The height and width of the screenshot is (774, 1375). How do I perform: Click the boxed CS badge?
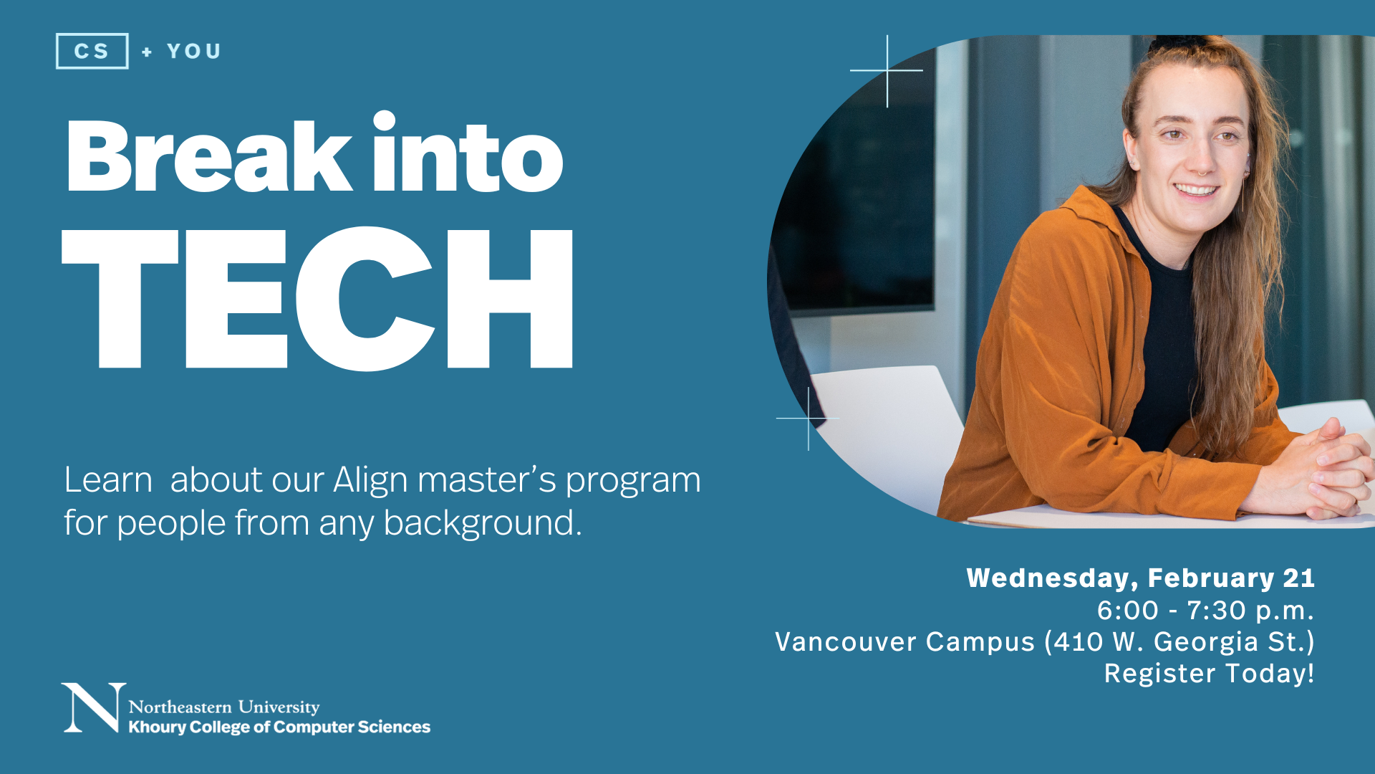click(x=92, y=51)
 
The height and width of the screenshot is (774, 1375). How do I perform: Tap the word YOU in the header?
click(x=194, y=52)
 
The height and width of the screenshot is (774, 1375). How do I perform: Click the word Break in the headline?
click(x=208, y=156)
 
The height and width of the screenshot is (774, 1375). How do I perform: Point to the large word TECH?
click(x=318, y=300)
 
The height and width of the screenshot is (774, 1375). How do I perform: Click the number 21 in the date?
click(x=1298, y=578)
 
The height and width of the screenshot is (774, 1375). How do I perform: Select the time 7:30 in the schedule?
click(x=1216, y=611)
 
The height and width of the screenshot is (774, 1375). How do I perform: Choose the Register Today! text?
click(x=1209, y=674)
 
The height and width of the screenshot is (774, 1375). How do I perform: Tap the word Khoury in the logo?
click(x=157, y=727)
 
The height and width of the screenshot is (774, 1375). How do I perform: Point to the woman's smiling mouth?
click(x=1195, y=191)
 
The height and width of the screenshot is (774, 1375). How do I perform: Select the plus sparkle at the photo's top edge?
click(x=887, y=70)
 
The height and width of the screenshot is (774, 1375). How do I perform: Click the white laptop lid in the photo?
click(x=888, y=423)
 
